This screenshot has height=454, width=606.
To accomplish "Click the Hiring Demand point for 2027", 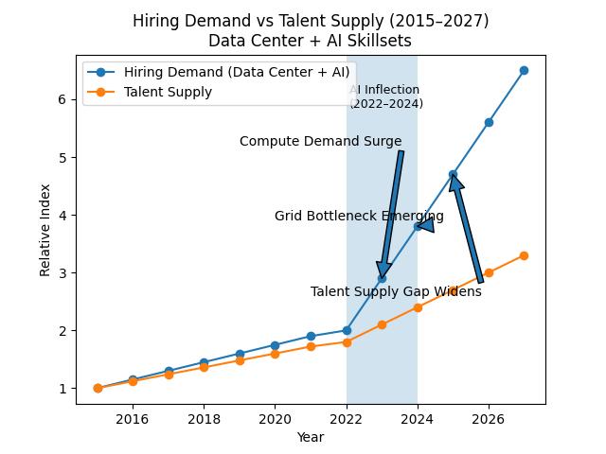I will [x=524, y=70].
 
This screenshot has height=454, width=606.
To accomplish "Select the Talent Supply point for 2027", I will [x=524, y=255].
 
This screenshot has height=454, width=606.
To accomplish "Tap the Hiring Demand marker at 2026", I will [x=489, y=122].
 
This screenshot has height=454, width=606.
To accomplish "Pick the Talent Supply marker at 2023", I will [x=382, y=324].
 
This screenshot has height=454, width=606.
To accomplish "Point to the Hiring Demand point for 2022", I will [x=347, y=330].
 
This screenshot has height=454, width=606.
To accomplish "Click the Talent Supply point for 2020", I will [x=275, y=354].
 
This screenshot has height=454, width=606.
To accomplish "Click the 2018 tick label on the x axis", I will [x=204, y=419].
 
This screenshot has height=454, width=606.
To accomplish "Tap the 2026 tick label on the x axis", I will [x=489, y=419].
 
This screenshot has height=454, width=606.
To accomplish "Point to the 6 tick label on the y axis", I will [x=61, y=99].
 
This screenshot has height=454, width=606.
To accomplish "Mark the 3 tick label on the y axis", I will [x=61, y=273].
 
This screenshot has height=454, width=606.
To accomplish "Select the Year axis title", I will [x=310, y=437].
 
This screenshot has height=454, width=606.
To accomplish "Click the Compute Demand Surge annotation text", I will [x=320, y=142].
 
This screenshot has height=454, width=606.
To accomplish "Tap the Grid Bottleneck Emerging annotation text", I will [x=359, y=217].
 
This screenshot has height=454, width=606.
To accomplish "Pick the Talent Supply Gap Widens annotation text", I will [x=396, y=292].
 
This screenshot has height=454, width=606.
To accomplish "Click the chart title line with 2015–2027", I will [x=311, y=21].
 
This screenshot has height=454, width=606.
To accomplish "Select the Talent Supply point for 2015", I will [x=98, y=388].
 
